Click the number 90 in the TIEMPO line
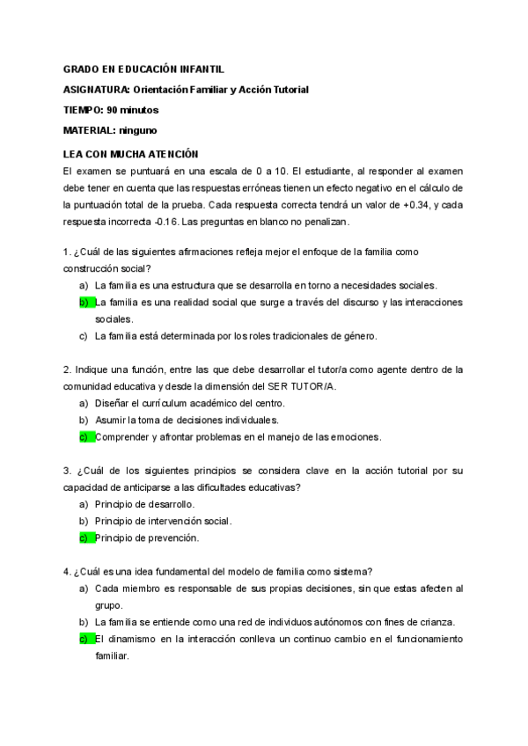tap(114, 110)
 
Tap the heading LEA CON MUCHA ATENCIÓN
tap(131, 153)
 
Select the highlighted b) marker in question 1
tap(85, 302)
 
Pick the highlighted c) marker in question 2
tap(85, 436)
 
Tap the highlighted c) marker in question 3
tap(85, 538)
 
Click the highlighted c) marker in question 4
tap(85, 639)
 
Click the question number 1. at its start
tap(67, 252)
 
